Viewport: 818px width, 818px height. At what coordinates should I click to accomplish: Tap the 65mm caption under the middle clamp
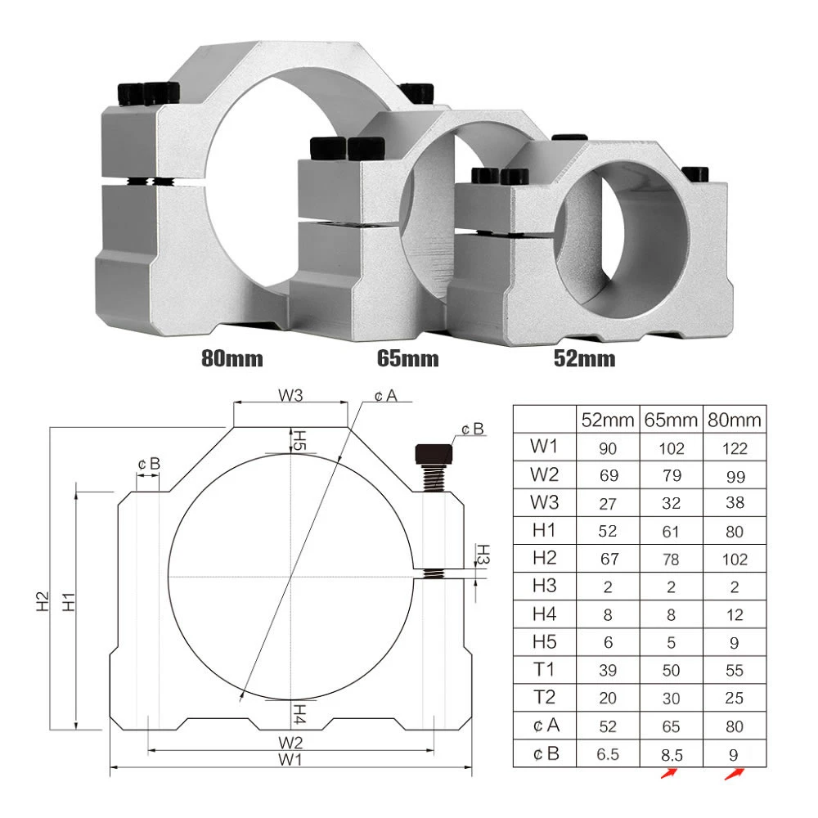click(x=407, y=357)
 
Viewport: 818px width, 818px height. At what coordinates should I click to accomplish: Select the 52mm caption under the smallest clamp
click(x=584, y=357)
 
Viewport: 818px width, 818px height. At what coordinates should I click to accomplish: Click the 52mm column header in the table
click(x=608, y=420)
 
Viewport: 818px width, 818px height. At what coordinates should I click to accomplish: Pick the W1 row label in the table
click(x=544, y=448)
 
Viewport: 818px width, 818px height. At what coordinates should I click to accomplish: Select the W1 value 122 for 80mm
click(x=735, y=448)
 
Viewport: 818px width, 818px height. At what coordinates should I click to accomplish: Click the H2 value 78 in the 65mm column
click(x=671, y=559)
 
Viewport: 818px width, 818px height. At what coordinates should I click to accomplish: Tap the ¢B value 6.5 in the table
click(x=608, y=753)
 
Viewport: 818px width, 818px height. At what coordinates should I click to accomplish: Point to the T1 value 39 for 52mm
click(x=608, y=670)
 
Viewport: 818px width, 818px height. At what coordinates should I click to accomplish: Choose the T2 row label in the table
click(x=544, y=698)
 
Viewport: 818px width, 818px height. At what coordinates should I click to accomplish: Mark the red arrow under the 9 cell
click(x=735, y=774)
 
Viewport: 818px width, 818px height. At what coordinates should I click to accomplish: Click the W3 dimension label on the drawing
click(x=290, y=396)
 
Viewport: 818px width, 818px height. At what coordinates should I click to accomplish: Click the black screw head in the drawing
click(x=434, y=453)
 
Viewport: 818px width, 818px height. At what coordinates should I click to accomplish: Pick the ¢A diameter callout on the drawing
click(x=385, y=396)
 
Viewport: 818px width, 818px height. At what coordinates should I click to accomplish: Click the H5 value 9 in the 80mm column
click(x=735, y=642)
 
